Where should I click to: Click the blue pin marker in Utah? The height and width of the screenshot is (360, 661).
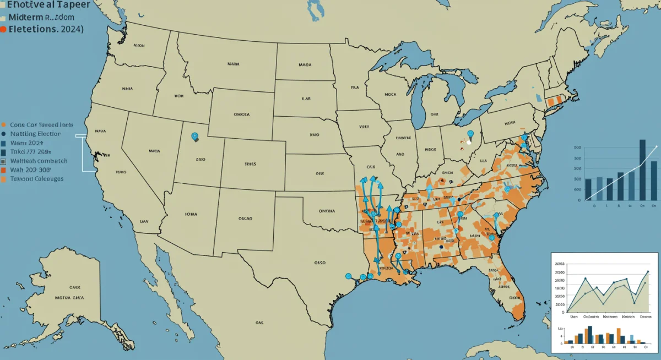[194, 136]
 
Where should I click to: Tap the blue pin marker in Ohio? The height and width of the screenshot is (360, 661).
[470, 133]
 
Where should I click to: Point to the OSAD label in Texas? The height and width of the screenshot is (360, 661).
[320, 263]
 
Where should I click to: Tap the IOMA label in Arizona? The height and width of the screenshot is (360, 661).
[191, 214]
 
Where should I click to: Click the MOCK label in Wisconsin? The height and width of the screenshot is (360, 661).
[390, 94]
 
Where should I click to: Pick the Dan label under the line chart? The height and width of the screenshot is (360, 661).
[573, 317]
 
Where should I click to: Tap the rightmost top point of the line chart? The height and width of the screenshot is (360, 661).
[648, 271]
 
